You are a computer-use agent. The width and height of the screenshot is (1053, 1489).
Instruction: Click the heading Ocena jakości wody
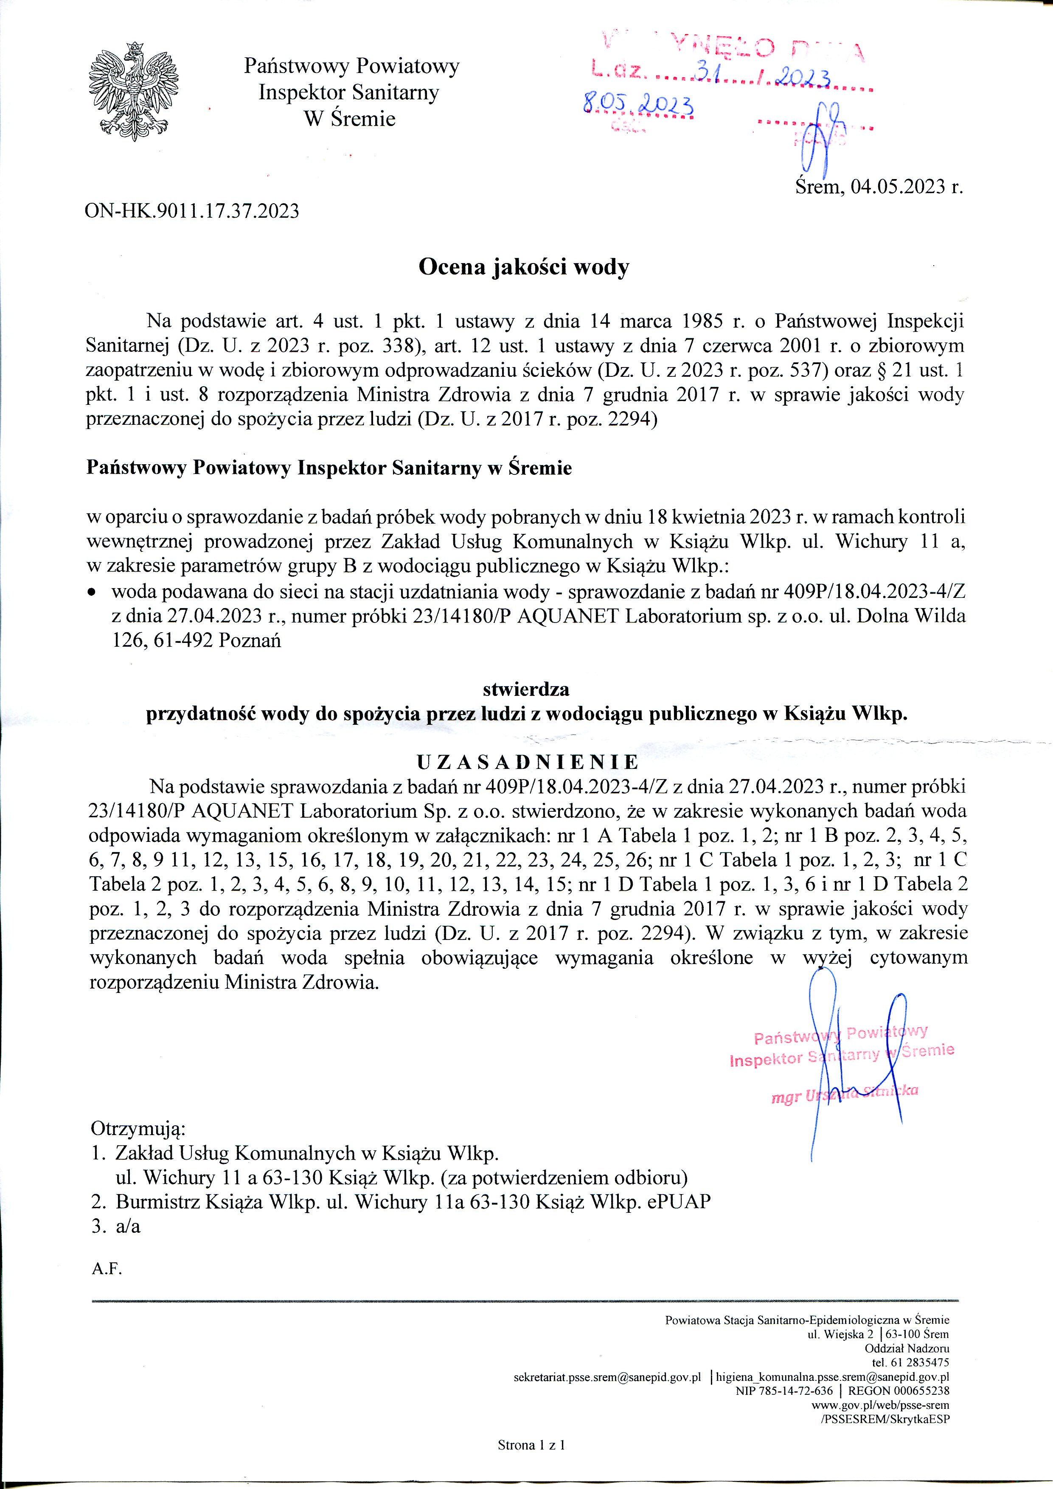click(524, 267)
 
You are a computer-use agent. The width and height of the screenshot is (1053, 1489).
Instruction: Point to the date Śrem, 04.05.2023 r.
click(879, 188)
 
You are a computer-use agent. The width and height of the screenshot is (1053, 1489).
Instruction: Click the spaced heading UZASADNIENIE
click(528, 761)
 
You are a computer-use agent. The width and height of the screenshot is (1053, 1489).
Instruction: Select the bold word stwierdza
click(526, 690)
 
